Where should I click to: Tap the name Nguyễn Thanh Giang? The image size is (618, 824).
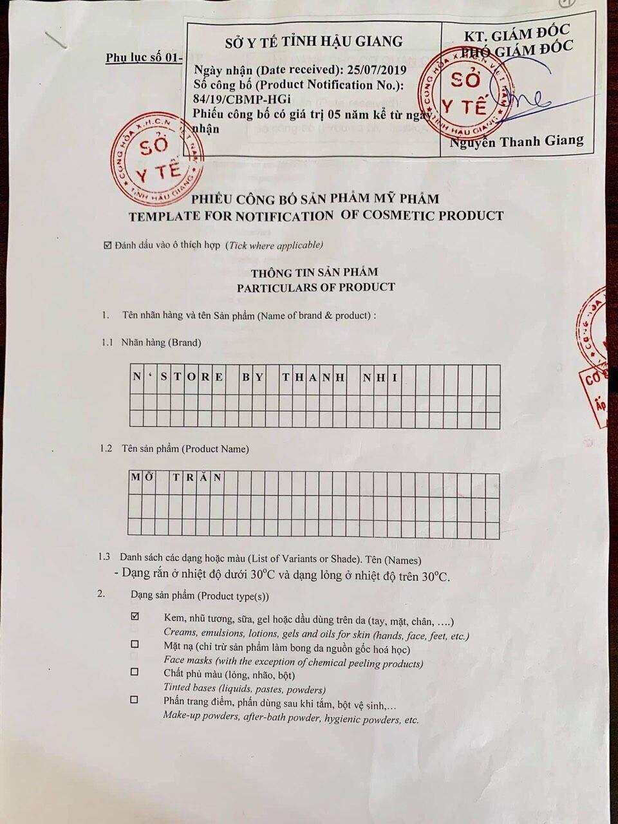[x=517, y=141]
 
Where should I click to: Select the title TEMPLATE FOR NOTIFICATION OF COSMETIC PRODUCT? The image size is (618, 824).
[x=316, y=216]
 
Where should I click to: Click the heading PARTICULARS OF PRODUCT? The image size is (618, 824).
[x=315, y=287]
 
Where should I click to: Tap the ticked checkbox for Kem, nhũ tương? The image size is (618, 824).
[x=135, y=616]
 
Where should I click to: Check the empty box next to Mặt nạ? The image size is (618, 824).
[x=135, y=644]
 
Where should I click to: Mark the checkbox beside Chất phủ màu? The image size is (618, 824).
[x=135, y=671]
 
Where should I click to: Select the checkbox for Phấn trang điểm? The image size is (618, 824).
[x=135, y=699]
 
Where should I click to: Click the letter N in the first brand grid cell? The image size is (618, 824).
[x=136, y=377]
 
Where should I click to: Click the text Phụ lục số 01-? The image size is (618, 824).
[x=145, y=58]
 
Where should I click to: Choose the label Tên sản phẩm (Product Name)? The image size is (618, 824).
[x=185, y=449]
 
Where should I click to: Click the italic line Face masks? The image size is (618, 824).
[x=293, y=661]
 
